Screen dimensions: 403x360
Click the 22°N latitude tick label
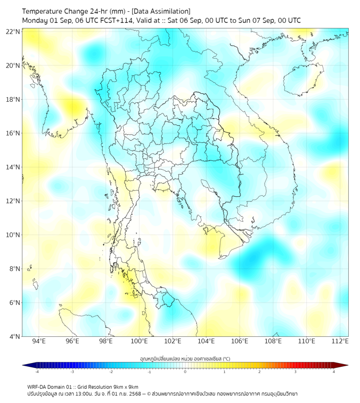13,32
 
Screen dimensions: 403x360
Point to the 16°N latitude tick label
13,133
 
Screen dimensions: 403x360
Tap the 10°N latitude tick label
13,235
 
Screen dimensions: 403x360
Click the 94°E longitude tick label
39,341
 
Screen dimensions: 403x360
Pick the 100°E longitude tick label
140,341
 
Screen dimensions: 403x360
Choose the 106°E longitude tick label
240,341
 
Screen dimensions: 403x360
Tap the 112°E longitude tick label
340,341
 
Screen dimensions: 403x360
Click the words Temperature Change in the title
53,11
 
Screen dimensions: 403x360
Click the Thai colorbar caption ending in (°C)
185,358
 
